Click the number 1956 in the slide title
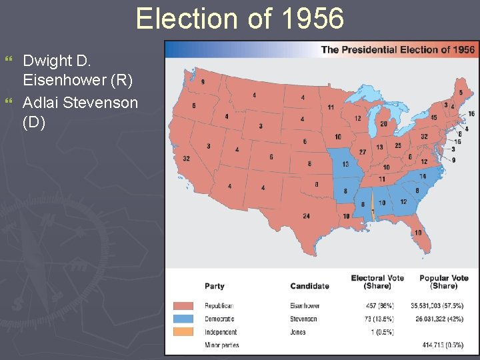point(313,19)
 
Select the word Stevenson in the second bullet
point(100,103)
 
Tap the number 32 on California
point(186,159)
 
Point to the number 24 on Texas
point(306,216)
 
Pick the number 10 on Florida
point(417,232)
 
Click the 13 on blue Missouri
point(345,164)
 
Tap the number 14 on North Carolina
point(422,176)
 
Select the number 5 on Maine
point(461,92)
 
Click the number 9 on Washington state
point(203,81)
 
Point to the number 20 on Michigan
point(383,123)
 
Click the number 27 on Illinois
point(363,152)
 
